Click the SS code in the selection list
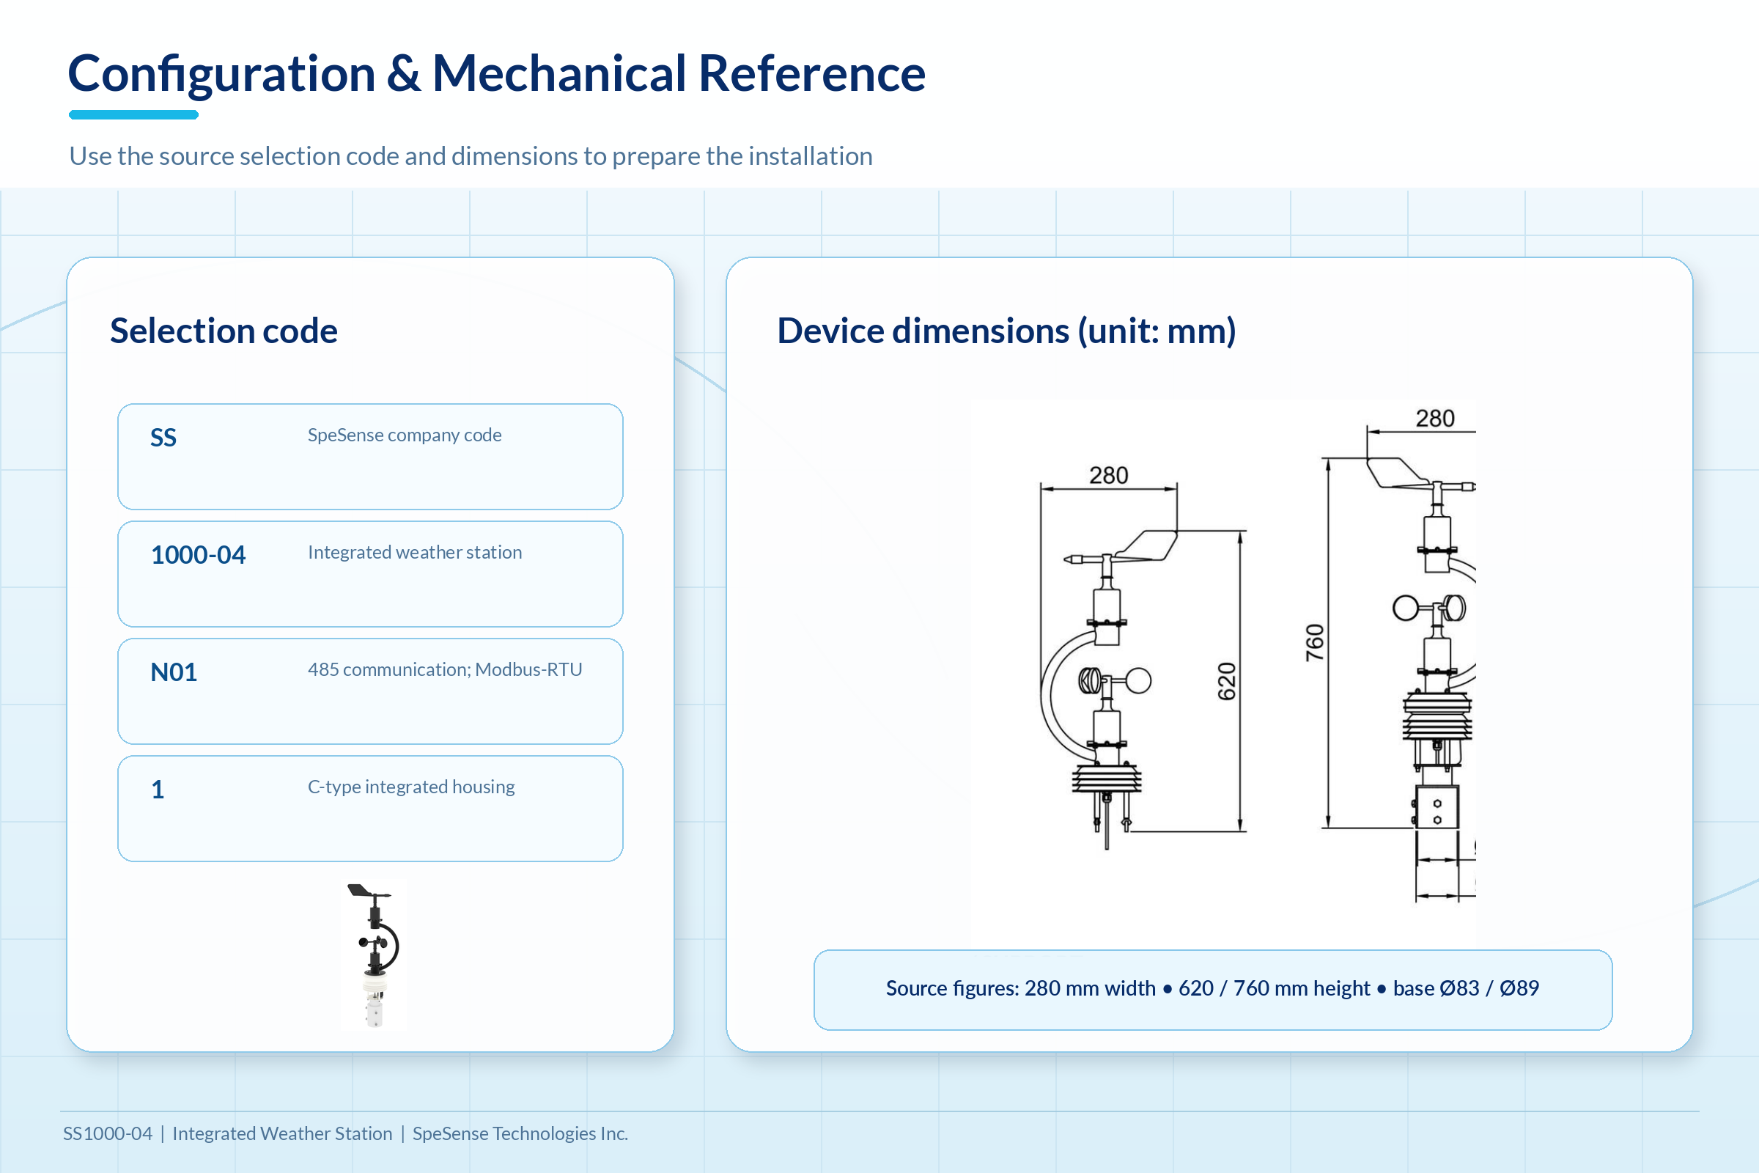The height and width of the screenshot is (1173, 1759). coord(163,438)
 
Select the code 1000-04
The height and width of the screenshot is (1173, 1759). coord(198,555)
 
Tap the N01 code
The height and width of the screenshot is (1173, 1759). coord(174,672)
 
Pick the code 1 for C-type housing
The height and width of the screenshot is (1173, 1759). coord(158,790)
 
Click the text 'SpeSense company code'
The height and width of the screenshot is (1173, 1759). coord(405,435)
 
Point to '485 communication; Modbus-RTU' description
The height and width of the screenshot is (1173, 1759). coord(445,669)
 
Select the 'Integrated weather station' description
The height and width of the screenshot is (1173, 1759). coord(415,552)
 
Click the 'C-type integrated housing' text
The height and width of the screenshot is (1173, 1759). coord(411,787)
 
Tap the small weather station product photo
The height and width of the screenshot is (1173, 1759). coord(374,955)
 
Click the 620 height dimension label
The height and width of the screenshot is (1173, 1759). coord(1227,682)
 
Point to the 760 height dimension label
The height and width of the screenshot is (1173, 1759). coord(1315,643)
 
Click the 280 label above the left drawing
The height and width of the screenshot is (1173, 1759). coord(1108,476)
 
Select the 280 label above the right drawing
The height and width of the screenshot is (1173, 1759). coord(1435,419)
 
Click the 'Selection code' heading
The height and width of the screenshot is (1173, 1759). coord(224,331)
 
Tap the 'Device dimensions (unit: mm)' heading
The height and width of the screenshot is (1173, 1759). coord(1006,331)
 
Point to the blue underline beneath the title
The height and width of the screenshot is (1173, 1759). coord(133,115)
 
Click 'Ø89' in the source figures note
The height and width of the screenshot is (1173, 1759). coord(1519,988)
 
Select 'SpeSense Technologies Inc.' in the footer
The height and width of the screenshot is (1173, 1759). coord(520,1134)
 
